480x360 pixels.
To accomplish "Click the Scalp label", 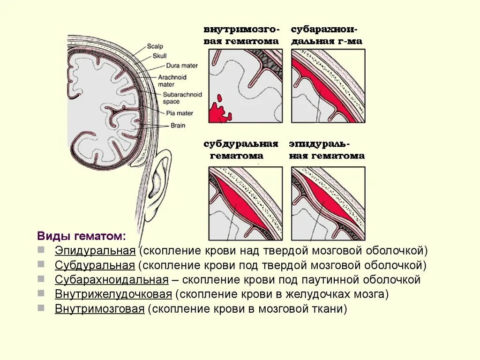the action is (154, 46).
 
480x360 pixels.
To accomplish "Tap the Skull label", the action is (159, 56).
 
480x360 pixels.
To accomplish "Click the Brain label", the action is (178, 126).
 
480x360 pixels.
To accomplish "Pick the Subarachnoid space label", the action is (182, 98).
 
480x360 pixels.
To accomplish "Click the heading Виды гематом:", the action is (81, 235).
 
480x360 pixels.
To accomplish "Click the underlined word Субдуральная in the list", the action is (95, 265).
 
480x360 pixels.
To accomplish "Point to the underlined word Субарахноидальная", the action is (112, 280).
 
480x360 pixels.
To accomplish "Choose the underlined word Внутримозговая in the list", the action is (99, 309).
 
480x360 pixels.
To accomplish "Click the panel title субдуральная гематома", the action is (241, 150).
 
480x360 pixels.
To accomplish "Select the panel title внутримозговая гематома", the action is (241, 35).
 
